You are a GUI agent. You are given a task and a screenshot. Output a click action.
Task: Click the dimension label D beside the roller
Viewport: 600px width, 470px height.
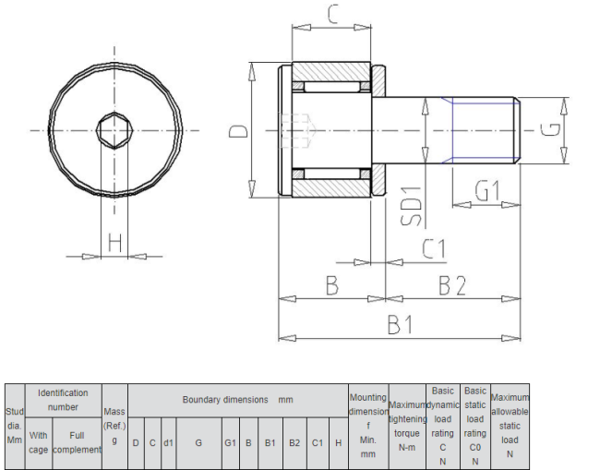pos(238,132)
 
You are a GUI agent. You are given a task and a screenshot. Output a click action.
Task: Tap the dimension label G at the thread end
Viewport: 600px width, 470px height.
pos(550,130)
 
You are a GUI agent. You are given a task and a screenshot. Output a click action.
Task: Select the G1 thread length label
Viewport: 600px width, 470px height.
pos(487,190)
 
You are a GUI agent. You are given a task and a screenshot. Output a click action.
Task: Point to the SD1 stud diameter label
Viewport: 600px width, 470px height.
pos(412,206)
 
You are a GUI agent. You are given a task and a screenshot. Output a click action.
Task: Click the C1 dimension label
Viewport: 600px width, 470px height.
pos(434,248)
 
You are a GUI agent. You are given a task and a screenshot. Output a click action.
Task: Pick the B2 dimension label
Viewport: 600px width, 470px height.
pos(452,285)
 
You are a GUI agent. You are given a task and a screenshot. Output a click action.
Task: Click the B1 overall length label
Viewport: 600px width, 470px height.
pos(401,324)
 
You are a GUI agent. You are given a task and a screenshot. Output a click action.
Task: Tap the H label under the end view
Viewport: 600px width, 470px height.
pos(114,242)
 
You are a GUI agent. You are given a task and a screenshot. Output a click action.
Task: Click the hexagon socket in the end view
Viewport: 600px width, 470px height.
pos(114,130)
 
